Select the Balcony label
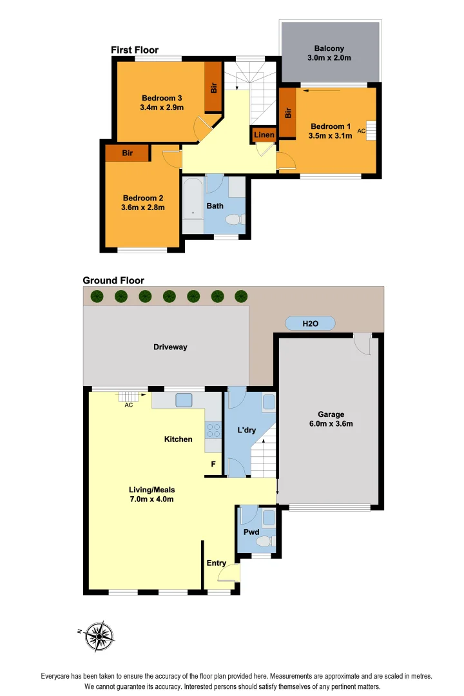point(329,53)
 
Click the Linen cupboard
point(264,135)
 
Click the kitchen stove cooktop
point(213,430)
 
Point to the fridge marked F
point(213,464)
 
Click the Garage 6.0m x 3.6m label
point(331,419)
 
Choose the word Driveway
point(170,347)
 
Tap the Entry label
point(216,563)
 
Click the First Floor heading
point(134,50)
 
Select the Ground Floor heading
point(113,280)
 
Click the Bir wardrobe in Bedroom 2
point(128,153)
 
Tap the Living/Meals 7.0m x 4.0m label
point(151,494)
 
